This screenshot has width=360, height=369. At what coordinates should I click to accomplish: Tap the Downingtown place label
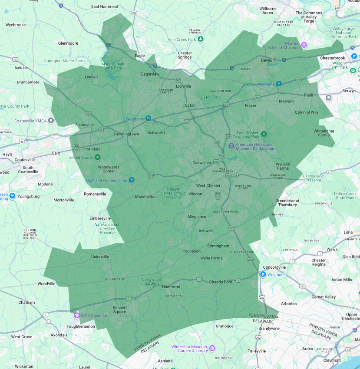pos(126,134)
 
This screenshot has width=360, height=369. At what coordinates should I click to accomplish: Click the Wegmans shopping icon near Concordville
pos(263,274)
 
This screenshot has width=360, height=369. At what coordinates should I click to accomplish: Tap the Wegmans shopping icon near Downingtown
pos(148,118)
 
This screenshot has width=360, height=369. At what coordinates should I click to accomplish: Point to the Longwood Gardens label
pos(152,281)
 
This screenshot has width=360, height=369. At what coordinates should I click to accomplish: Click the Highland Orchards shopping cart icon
pos(132,180)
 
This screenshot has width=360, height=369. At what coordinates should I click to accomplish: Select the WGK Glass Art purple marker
pos(76,316)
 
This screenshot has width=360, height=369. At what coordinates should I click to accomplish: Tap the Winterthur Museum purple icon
pos(212,348)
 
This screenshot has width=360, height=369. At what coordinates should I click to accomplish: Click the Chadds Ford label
pos(221,282)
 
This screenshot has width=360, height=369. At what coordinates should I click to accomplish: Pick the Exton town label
pos(190,105)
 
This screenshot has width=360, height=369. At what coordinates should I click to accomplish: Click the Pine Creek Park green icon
pos(201,40)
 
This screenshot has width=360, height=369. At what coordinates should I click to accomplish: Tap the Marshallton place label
pos(145,196)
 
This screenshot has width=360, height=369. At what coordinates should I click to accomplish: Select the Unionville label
pos(100,256)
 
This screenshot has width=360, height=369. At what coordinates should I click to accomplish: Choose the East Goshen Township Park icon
pos(263,133)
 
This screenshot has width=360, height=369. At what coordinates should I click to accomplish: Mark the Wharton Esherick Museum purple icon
pos(304,45)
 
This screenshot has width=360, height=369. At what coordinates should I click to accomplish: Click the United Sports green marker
pos(98,157)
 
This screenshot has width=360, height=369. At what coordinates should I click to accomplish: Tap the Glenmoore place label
pos(68,43)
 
